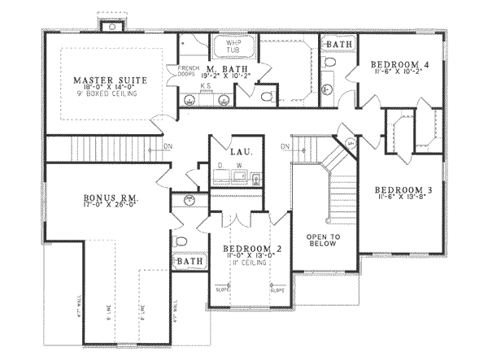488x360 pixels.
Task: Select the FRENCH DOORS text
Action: pos(176,72)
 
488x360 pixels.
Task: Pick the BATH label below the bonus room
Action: pos(190,262)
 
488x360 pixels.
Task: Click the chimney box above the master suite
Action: pos(108,24)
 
